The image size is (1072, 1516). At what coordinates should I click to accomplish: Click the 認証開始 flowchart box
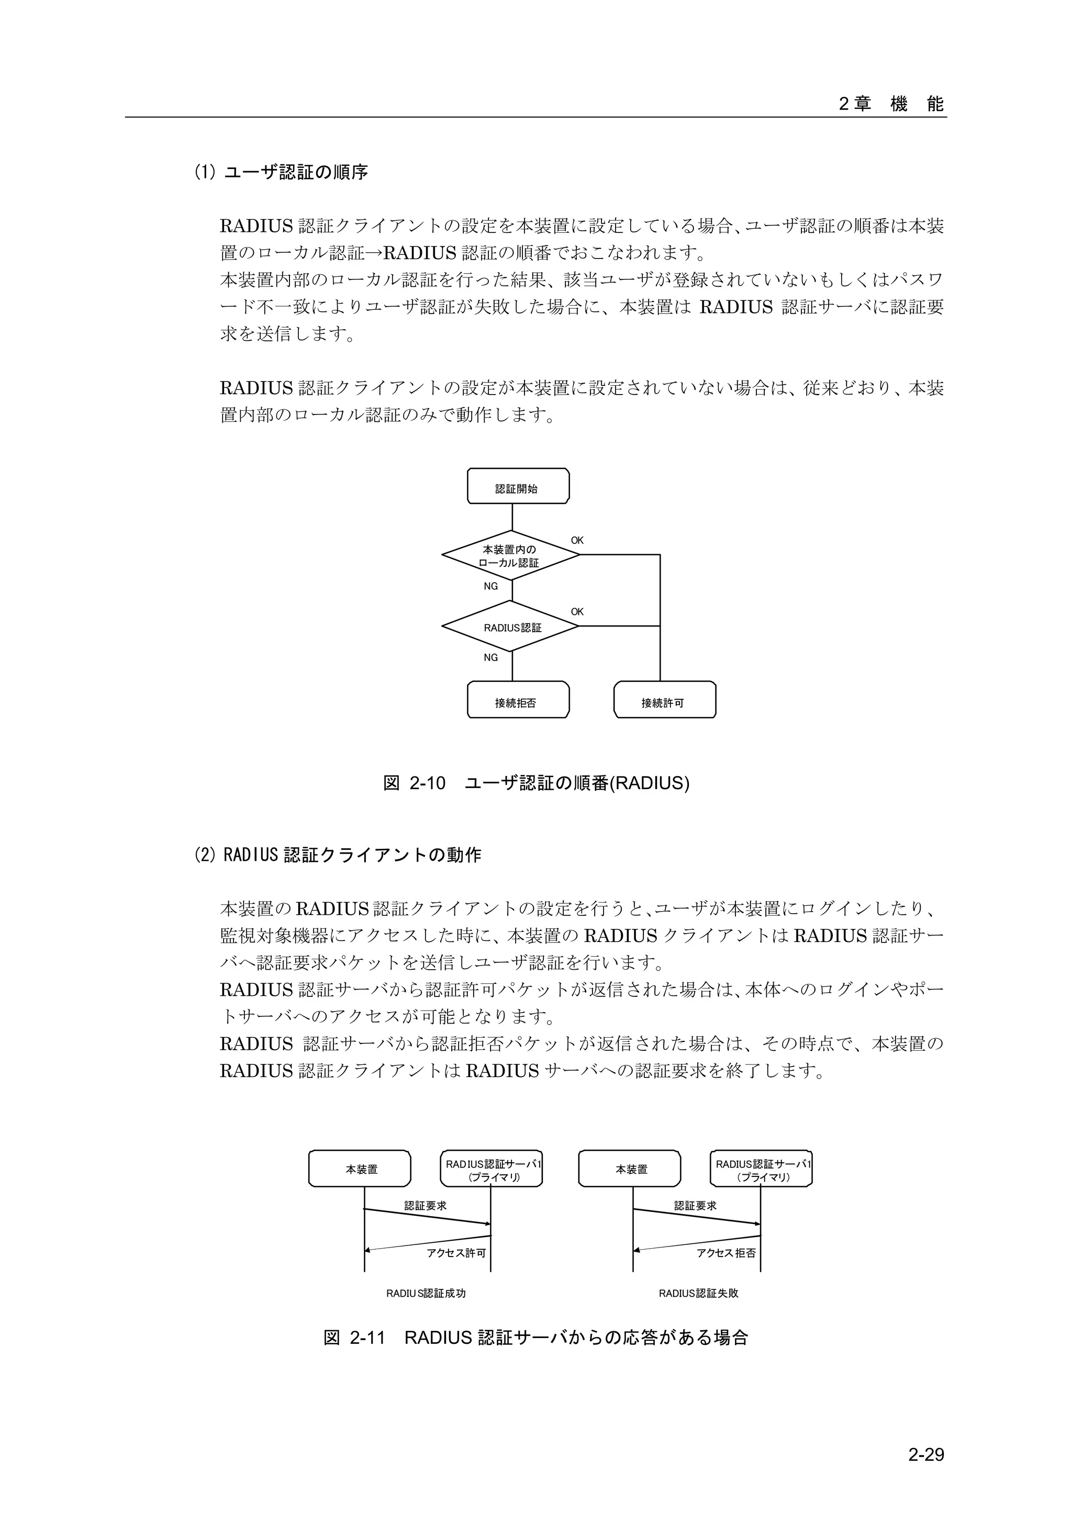[518, 486]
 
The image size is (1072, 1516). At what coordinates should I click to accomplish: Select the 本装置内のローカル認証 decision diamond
[510, 555]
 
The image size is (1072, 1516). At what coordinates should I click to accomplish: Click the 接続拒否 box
[518, 700]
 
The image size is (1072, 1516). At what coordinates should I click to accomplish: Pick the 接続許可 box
[664, 700]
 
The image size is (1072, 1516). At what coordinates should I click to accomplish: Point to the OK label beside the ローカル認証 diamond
[577, 540]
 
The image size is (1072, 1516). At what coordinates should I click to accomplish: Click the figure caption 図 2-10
[537, 783]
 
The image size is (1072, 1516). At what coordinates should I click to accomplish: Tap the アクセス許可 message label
[456, 1253]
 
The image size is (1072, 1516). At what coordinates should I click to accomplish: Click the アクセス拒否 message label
[726, 1253]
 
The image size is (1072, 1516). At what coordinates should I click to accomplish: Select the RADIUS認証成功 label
[426, 1294]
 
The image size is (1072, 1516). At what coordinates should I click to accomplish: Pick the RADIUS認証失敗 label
[698, 1294]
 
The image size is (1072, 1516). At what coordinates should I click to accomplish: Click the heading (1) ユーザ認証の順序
[281, 172]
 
